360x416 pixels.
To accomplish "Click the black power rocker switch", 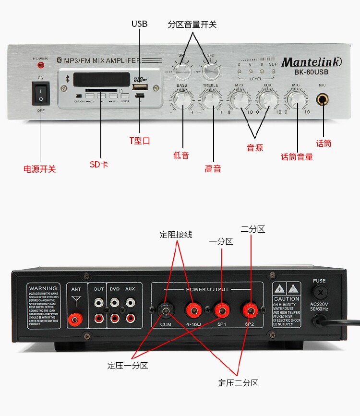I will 40,93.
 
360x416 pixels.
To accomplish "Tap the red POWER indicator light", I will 40,64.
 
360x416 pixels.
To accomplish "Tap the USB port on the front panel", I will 140,87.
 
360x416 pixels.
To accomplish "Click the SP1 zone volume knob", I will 182,71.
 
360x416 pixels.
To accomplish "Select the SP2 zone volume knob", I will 210,71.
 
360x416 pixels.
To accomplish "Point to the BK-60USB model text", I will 312,73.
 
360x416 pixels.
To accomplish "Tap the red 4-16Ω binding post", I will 194,310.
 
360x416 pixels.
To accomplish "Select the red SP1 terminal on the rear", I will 221,310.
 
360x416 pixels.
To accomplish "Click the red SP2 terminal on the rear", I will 250,310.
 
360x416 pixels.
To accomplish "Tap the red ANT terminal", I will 75,318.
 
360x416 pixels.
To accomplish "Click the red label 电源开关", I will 40,169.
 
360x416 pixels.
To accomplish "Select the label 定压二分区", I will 238,383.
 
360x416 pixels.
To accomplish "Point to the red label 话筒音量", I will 297,157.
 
